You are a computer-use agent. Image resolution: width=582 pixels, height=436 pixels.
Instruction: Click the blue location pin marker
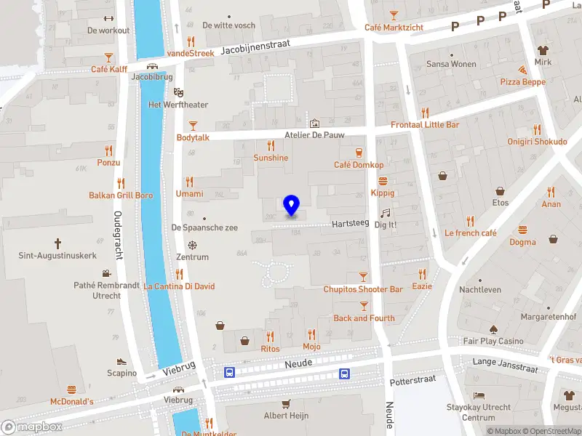tap(291, 205)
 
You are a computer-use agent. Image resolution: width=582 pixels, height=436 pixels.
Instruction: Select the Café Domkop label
tap(359, 165)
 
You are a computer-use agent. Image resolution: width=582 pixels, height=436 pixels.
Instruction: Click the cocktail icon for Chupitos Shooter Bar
tap(364, 277)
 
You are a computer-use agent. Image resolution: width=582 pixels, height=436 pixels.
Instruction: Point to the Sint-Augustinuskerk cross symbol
tap(57, 243)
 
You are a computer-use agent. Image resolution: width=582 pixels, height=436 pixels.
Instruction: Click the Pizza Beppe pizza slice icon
tap(522, 70)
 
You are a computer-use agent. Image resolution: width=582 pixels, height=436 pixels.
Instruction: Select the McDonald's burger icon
tap(71, 389)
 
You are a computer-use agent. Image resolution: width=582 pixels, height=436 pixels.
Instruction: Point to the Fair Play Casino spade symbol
tap(493, 329)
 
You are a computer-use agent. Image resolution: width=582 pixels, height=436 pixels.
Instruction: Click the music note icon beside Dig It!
tap(386, 213)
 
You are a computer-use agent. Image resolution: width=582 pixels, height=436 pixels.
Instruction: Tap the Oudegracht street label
tap(117, 235)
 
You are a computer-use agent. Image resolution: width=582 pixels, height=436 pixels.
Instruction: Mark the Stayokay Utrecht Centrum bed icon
tap(479, 395)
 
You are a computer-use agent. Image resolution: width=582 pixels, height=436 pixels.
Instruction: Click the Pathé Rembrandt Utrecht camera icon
tap(107, 274)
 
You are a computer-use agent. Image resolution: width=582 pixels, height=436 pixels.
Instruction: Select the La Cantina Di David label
tap(180, 286)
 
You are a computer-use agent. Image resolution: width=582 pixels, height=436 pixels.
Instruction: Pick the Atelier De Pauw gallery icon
tap(314, 123)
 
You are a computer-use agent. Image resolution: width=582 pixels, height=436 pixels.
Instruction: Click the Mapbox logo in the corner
tap(32, 427)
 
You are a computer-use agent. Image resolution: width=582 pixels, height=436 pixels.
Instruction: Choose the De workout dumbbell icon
tap(108, 18)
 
